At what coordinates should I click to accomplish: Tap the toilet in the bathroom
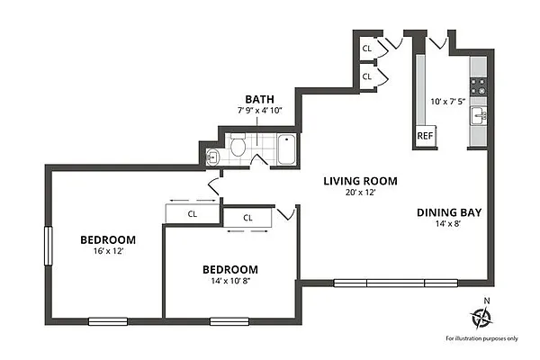click(238, 147)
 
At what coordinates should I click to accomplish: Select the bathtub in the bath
click(286, 148)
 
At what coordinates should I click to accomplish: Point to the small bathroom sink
click(211, 157)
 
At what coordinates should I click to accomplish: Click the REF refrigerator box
click(425, 136)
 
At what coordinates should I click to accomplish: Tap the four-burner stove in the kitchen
click(480, 86)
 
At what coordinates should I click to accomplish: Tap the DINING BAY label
click(449, 213)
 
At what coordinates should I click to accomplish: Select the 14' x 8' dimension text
click(449, 225)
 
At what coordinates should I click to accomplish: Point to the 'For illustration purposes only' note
click(482, 338)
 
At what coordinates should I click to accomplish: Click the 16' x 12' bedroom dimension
click(108, 251)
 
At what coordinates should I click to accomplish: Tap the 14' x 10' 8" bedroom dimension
click(229, 281)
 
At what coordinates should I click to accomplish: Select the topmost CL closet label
click(367, 48)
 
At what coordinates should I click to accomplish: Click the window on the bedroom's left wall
click(49, 245)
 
